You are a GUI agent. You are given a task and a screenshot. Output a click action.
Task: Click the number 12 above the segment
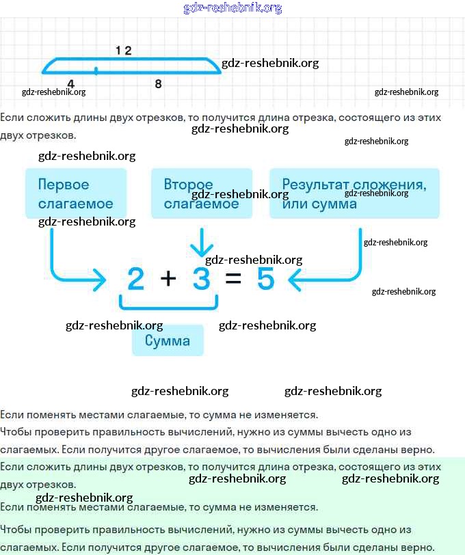[x=123, y=50]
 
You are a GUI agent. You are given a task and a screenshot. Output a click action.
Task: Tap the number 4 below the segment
[x=70, y=83]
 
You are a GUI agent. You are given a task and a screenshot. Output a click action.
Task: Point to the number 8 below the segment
[x=158, y=83]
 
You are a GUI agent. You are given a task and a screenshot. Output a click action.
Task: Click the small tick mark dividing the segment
[x=96, y=70]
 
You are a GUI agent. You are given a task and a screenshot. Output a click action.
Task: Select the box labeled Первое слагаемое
[x=76, y=193]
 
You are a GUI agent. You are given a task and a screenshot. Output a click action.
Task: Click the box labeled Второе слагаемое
[x=202, y=193]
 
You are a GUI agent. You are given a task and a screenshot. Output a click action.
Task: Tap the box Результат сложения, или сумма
[x=354, y=193]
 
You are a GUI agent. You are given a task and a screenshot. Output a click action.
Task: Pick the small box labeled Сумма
[x=168, y=340]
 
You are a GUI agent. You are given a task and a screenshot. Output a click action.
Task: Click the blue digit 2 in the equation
[x=136, y=279]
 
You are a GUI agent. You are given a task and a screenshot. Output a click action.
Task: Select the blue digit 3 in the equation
[x=201, y=279]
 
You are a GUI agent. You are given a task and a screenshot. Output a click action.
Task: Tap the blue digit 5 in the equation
[x=265, y=279]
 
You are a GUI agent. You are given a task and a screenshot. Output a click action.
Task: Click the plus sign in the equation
[x=168, y=279]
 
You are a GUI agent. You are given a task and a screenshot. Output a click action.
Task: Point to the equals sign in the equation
[x=233, y=279]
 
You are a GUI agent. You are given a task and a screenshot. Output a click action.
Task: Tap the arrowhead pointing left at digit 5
[x=295, y=279]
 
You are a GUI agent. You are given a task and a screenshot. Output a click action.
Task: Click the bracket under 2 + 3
[x=168, y=306]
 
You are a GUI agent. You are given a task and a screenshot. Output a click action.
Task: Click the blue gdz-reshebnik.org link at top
[x=232, y=8]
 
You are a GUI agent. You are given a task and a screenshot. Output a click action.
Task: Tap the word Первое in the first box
[x=64, y=185]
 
